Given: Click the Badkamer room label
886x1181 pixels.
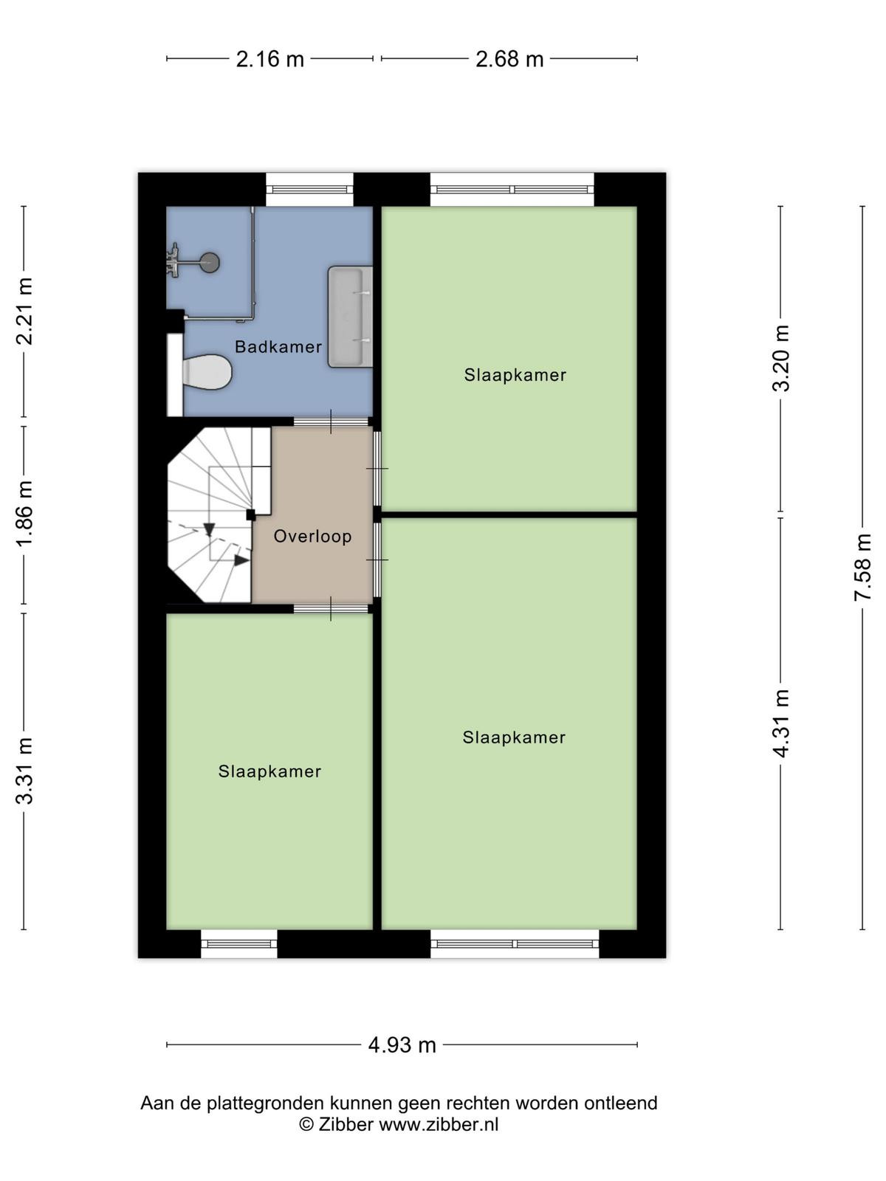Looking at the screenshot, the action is pyautogui.click(x=278, y=346).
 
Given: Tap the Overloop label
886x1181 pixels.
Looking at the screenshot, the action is pyautogui.click(x=312, y=536).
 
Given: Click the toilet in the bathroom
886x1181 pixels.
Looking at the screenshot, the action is pyautogui.click(x=207, y=372).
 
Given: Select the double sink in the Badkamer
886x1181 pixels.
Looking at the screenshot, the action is pyautogui.click(x=350, y=317).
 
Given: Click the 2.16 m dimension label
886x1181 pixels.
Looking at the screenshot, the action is pyautogui.click(x=269, y=58).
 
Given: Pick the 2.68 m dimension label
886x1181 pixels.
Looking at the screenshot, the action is pyautogui.click(x=509, y=58).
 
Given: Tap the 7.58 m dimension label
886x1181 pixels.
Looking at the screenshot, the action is pyautogui.click(x=862, y=567).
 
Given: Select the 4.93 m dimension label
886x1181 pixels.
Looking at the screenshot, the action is pyautogui.click(x=402, y=1045).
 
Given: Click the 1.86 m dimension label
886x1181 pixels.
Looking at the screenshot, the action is pyautogui.click(x=25, y=513).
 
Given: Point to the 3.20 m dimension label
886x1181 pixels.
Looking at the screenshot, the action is pyautogui.click(x=780, y=358).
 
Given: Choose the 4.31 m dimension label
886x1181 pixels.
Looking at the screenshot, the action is pyautogui.click(x=780, y=723).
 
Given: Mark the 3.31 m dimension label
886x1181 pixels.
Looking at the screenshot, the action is pyautogui.click(x=25, y=771).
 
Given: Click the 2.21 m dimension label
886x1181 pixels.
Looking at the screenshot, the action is pyautogui.click(x=25, y=311).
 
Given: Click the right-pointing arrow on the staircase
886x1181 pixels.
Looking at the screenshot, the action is pyautogui.click(x=241, y=560).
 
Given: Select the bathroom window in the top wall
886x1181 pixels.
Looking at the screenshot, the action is pyautogui.click(x=309, y=190).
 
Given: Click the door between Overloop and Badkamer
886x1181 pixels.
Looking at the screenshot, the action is pyautogui.click(x=331, y=421).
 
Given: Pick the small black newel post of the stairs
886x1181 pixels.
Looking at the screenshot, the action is pyautogui.click(x=251, y=515).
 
